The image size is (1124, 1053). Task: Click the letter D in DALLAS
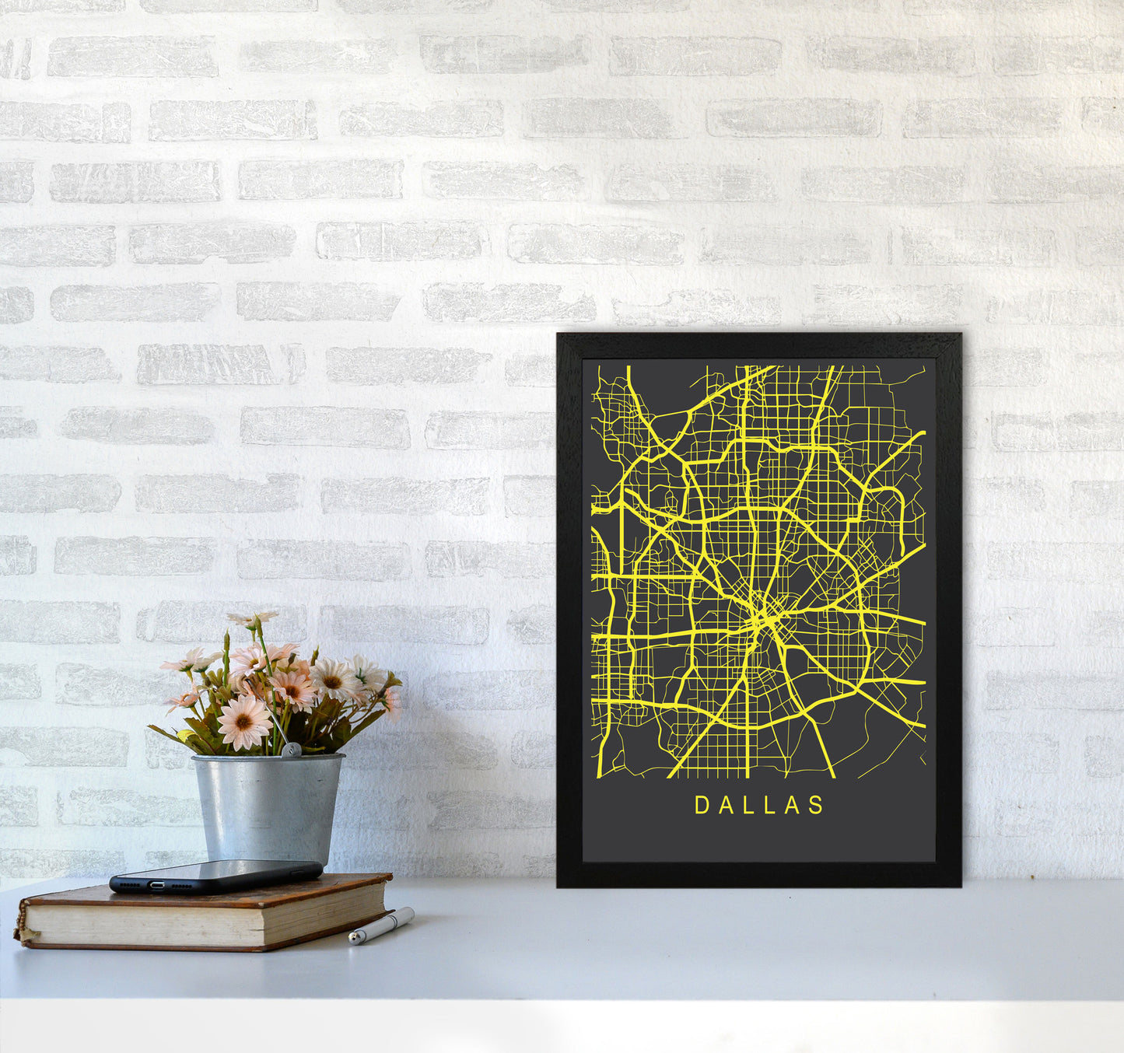pos(701,805)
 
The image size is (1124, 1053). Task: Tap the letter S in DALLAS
pos(817,805)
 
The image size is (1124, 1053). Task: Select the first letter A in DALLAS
pos(724,805)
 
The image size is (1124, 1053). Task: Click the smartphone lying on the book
pos(215,876)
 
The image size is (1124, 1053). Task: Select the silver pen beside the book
pos(381,925)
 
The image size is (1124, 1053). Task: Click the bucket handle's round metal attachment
pos(290,750)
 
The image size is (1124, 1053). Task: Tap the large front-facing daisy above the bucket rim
pos(243,722)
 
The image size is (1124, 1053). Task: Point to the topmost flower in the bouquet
pos(253,619)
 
